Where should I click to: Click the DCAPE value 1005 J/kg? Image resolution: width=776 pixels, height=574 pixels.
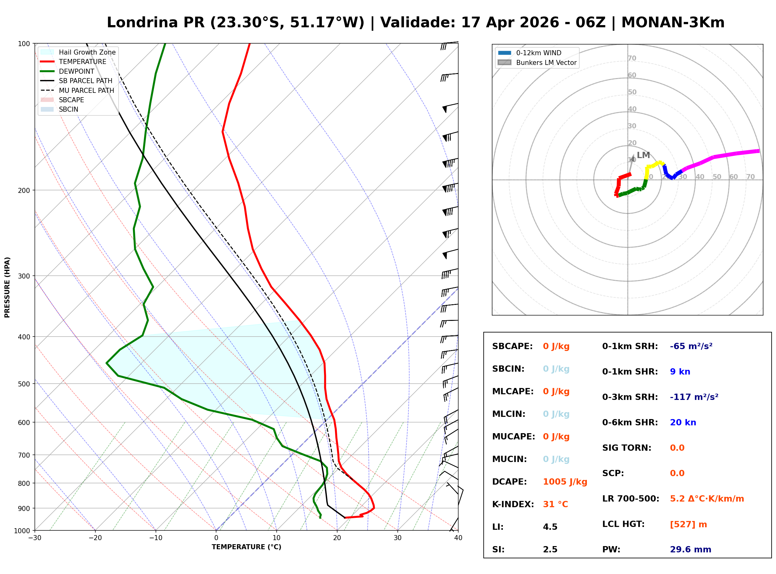point(565,482)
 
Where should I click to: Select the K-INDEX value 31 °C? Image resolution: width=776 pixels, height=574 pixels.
point(555,504)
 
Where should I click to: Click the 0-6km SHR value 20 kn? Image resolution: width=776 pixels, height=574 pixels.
point(683,423)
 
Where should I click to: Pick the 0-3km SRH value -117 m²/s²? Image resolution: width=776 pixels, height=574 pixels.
point(694,397)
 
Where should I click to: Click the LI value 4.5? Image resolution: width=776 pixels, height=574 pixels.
point(550,527)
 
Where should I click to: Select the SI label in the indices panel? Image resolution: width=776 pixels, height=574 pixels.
point(498,550)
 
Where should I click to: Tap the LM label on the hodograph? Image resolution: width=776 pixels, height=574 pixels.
point(643,155)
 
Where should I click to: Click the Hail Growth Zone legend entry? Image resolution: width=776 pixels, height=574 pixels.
point(87,52)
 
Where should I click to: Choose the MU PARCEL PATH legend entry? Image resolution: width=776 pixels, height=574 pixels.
point(86,90)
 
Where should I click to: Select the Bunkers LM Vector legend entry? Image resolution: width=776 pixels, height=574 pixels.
point(546,62)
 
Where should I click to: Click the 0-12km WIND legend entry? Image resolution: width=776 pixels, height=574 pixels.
point(539,53)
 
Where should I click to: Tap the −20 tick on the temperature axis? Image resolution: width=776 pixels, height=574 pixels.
point(95,538)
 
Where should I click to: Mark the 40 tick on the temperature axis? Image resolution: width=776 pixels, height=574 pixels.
point(458,538)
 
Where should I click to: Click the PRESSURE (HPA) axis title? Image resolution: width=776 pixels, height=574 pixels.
point(7,287)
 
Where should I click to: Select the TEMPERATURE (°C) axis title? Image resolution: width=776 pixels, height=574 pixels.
point(246,547)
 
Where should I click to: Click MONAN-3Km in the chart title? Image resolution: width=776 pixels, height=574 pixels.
point(672,23)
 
